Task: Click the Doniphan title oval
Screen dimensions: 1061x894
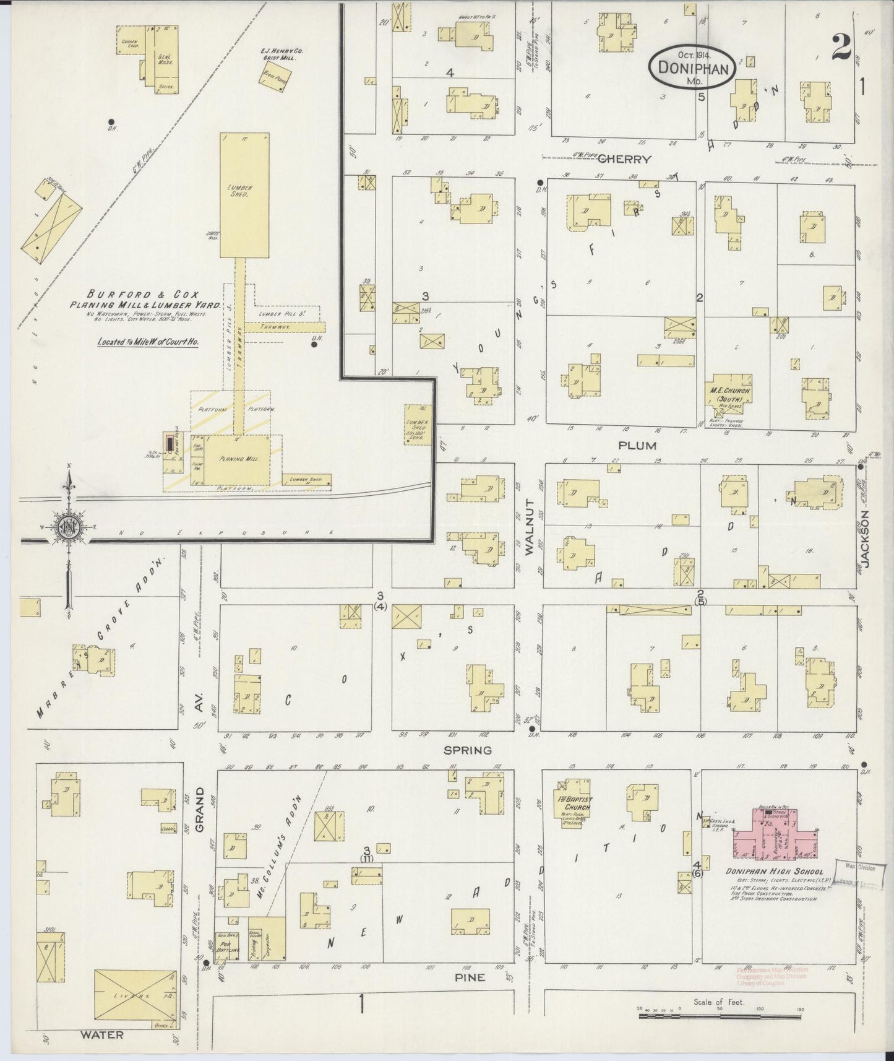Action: pos(693,64)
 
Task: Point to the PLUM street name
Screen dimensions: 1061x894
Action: pos(637,445)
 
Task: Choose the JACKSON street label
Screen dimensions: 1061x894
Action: pos(864,539)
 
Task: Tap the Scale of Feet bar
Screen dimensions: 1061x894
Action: pos(720,1010)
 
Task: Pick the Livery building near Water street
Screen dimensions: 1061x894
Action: pos(134,996)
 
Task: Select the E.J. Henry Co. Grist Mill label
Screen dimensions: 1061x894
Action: pos(282,54)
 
